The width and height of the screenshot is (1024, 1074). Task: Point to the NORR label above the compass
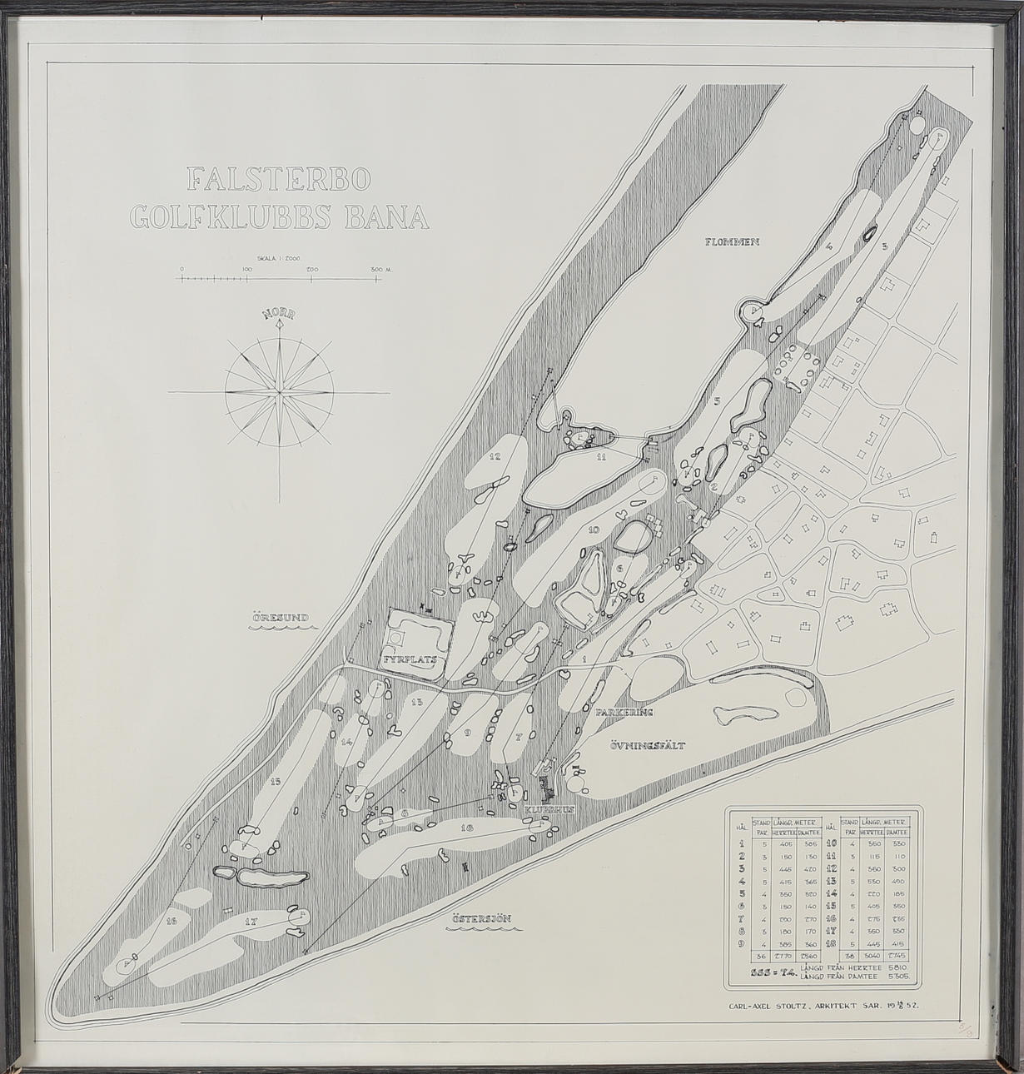(279, 315)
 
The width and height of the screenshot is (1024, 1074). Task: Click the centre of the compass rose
(279, 390)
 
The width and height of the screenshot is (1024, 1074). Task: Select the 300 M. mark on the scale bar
(382, 269)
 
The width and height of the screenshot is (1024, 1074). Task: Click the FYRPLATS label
(410, 658)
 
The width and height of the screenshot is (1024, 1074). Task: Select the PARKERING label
(623, 713)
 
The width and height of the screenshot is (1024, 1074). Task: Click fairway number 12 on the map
(495, 456)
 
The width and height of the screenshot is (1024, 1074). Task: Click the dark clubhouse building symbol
(548, 785)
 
